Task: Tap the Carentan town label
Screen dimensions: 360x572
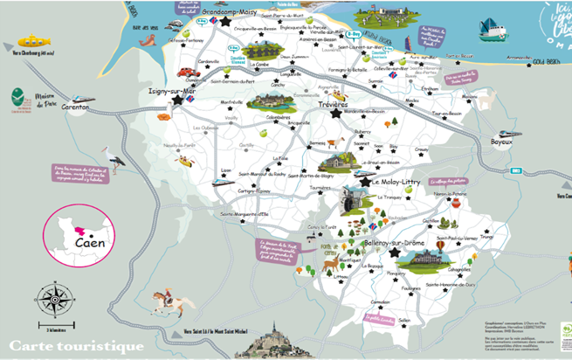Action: (77, 107)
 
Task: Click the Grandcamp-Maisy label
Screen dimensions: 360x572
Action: (237, 13)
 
